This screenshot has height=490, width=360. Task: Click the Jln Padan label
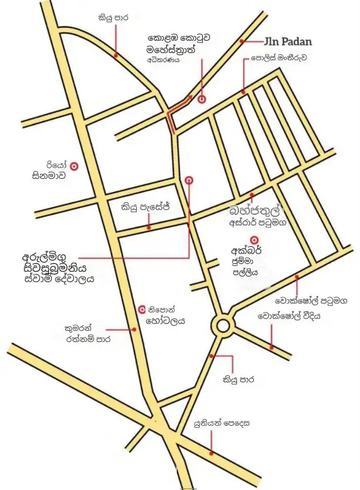pos(288,41)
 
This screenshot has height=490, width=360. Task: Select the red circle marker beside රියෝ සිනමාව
pos(75,166)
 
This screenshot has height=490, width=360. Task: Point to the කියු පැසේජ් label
pos(145,208)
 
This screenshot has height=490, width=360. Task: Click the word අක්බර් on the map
pos(246,251)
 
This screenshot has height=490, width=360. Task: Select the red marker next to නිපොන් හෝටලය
pos(142,309)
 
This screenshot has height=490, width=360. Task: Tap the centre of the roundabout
pos(223,325)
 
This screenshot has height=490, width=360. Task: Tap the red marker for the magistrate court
pos(202,99)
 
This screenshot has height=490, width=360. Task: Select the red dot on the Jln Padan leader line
pos(242,41)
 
